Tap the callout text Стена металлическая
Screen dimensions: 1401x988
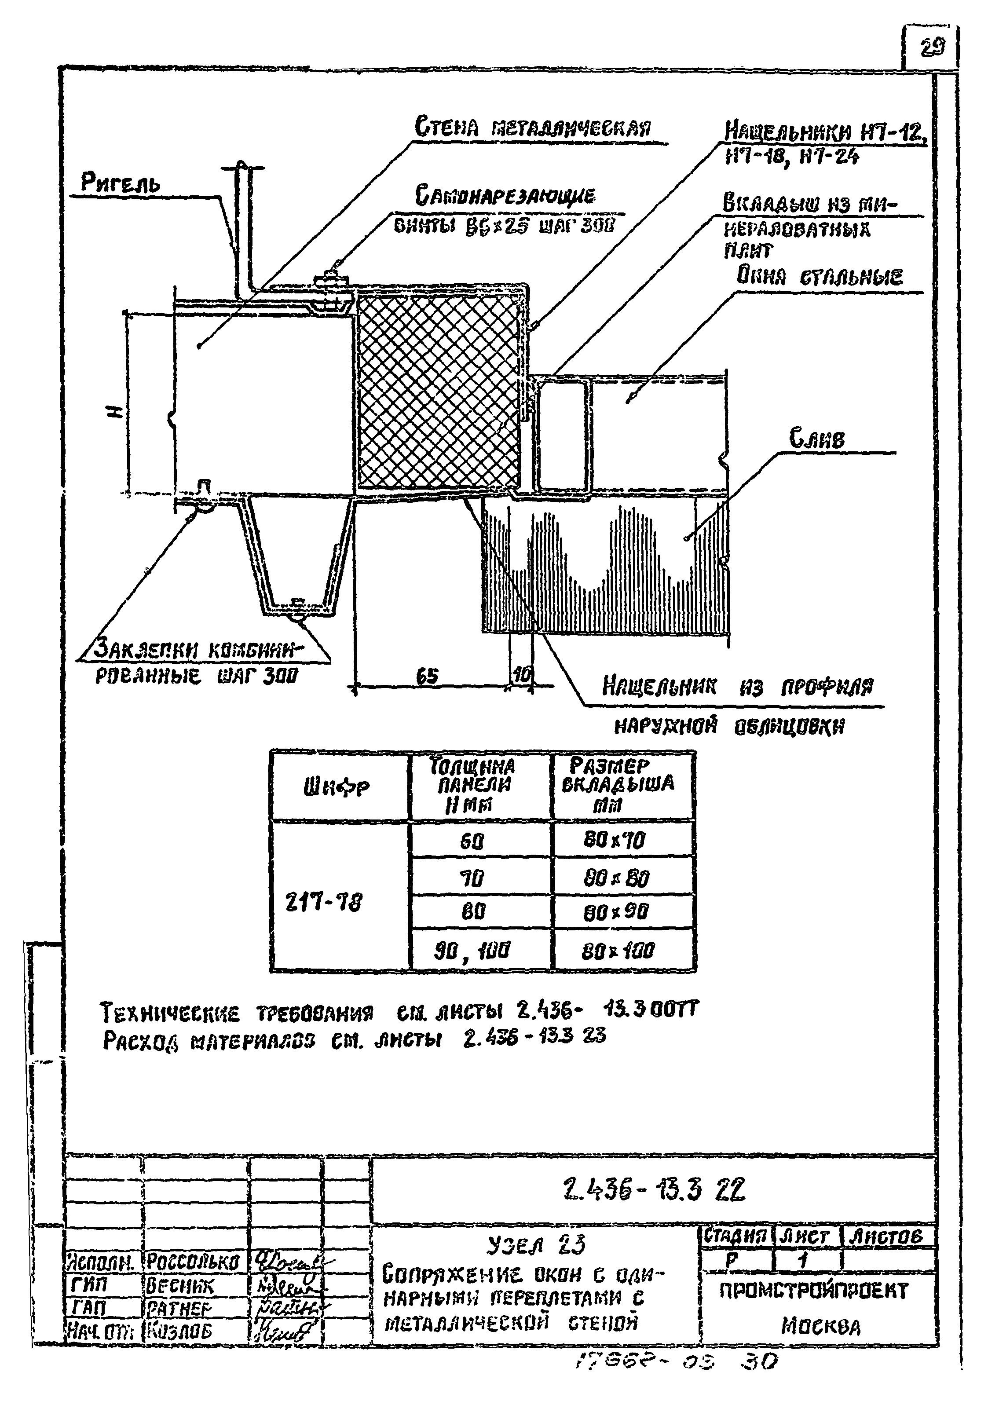(533, 128)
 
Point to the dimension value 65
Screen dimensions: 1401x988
(427, 676)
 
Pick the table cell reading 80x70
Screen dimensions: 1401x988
(622, 840)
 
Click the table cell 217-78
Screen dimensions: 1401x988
(323, 901)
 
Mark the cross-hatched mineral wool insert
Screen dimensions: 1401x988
(438, 391)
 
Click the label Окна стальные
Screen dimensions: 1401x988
(819, 277)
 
